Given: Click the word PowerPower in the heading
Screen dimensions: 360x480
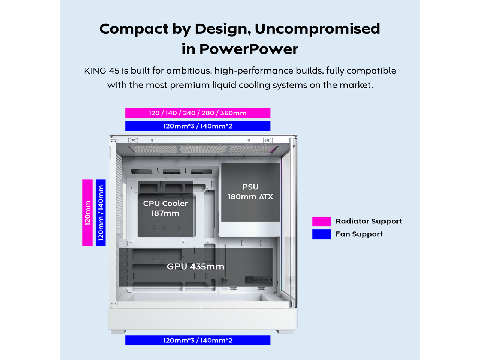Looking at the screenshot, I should click(249, 49).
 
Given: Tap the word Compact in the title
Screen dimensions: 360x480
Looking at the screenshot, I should click(134, 29).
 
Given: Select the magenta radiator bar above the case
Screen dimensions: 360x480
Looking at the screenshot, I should click(198, 113).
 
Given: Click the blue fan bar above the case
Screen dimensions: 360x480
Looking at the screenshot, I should click(198, 126).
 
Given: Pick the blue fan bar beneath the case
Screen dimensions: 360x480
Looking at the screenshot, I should click(198, 340).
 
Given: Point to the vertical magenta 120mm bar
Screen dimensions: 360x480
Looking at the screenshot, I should click(87, 213).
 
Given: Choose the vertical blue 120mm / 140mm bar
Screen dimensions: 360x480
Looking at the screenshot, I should click(100, 213).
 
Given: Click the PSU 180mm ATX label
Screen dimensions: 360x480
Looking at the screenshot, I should click(250, 192).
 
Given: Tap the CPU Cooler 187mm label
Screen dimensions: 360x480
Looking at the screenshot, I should click(165, 208).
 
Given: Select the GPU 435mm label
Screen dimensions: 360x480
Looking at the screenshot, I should click(195, 266).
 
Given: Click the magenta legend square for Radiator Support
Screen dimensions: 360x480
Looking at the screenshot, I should click(322, 221).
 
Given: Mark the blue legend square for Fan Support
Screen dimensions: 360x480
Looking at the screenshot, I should click(322, 234).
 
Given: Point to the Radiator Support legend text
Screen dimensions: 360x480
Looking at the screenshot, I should click(369, 221).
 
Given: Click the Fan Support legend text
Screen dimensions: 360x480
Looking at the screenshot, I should click(359, 234).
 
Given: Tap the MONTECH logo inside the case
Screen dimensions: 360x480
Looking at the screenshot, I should click(259, 280).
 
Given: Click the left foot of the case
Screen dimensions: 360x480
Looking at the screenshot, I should click(118, 331).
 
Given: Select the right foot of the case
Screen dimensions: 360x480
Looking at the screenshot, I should click(285, 331).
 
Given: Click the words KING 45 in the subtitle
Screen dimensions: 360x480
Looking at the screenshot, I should click(102, 70).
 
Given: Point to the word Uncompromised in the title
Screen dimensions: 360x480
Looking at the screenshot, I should click(317, 29).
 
